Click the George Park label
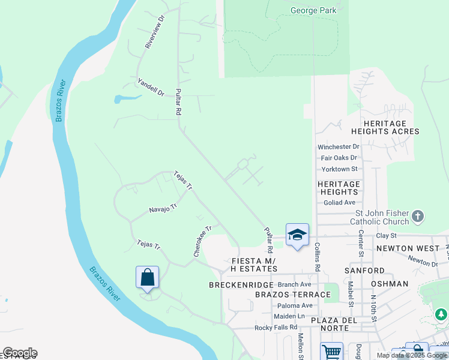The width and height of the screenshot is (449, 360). click(313, 10)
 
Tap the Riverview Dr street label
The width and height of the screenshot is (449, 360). click(154, 32)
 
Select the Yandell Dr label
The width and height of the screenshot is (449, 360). click(151, 88)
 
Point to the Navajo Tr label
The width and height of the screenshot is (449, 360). click(164, 208)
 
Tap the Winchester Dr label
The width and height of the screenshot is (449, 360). click(338, 146)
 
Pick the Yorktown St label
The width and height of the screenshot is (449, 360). click(339, 169)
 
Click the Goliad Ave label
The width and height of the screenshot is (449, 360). click(339, 203)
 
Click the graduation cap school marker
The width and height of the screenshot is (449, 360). click(297, 235)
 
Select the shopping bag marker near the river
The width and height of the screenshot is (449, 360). click(147, 278)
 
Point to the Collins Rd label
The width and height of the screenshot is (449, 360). click(317, 257)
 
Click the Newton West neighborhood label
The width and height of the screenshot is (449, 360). click(403, 248)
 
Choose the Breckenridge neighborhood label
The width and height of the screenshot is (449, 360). click(241, 284)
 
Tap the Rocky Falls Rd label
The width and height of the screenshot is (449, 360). click(276, 327)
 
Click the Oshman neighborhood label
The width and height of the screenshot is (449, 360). click(390, 283)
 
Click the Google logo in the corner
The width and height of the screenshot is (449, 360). click(20, 353)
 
